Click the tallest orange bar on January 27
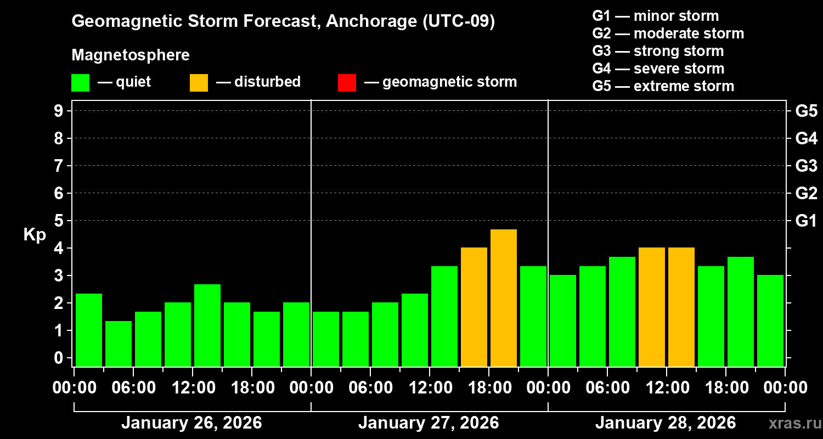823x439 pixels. tap(504, 297)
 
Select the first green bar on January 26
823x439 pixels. tap(89, 329)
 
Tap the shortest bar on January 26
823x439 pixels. tap(119, 344)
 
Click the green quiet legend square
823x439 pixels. tap(80, 82)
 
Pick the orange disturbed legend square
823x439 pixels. tap(199, 82)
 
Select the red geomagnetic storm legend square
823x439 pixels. tap(347, 82)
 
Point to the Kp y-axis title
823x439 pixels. tap(35, 234)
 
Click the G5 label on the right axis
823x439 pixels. tap(806, 111)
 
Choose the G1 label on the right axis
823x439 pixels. tap(806, 221)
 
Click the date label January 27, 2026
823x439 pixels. tap(429, 423)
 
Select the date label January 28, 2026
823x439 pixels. tap(666, 423)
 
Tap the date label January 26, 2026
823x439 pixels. tap(191, 423)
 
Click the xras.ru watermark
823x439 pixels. tap(792, 423)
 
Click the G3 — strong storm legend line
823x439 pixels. tap(658, 51)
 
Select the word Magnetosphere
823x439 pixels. tap(131, 55)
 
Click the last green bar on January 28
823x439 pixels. tap(770, 320)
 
